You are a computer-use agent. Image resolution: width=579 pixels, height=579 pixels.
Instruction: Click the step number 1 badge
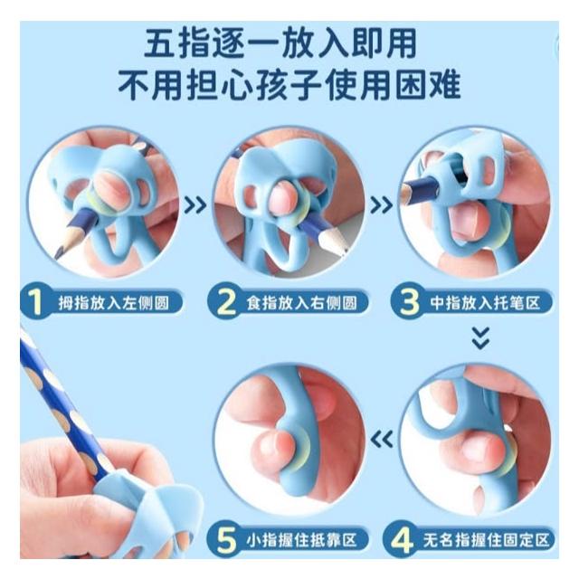[x=35, y=302]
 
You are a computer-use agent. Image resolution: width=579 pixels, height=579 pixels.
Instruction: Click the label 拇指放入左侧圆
[x=113, y=303]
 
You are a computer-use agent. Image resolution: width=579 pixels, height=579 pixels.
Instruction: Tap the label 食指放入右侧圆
[x=301, y=303]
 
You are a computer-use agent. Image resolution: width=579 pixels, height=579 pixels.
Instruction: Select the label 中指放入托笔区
[x=485, y=303]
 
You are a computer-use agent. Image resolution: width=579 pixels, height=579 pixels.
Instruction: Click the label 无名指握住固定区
[x=486, y=541]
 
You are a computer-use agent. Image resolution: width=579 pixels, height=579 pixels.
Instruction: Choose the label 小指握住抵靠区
[x=301, y=541]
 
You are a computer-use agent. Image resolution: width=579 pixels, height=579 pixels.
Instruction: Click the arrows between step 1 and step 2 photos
[x=195, y=205]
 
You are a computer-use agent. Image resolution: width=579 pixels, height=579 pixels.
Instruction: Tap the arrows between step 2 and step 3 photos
[x=382, y=205]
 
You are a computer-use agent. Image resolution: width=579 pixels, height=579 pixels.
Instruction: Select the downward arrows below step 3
[x=480, y=337]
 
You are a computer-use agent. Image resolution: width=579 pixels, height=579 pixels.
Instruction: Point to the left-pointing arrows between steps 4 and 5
[x=382, y=440]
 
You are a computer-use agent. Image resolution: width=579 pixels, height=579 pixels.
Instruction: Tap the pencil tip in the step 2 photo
[x=346, y=252]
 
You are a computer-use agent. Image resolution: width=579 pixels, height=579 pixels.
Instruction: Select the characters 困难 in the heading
[x=427, y=85]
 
